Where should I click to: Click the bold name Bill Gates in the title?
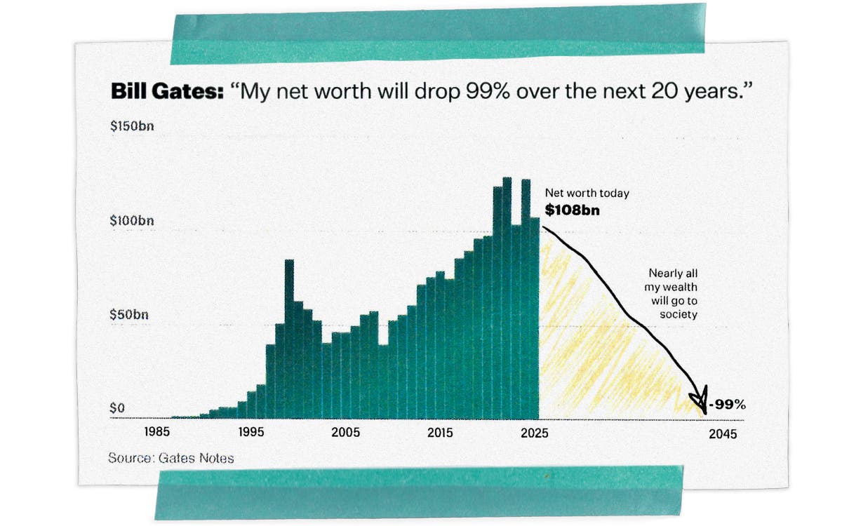pyautogui.click(x=165, y=93)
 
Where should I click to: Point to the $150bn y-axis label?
pyautogui.click(x=131, y=128)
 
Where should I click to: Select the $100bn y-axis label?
pyautogui.click(x=131, y=221)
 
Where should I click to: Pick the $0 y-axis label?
pyautogui.click(x=117, y=408)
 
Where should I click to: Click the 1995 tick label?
pyautogui.click(x=250, y=433)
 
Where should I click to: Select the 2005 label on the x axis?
pyautogui.click(x=345, y=433)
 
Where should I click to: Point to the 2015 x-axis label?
pyautogui.click(x=441, y=433)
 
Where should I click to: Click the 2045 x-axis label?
pyautogui.click(x=723, y=434)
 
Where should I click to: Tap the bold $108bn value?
pyautogui.click(x=573, y=210)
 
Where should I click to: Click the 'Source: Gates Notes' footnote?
pyautogui.click(x=171, y=458)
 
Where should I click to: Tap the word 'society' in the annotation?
pyautogui.click(x=678, y=315)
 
